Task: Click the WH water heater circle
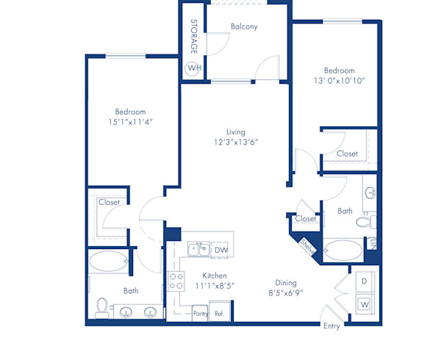tap(193, 68)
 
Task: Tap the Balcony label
tap(244, 26)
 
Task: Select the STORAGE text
tap(194, 37)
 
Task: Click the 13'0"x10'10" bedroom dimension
tap(340, 80)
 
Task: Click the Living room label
tap(236, 132)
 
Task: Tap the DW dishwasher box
tap(220, 250)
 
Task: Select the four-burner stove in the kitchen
tap(177, 278)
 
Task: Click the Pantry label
tap(201, 313)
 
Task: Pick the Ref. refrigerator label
tap(219, 313)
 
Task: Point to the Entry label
tap(332, 326)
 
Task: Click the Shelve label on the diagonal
tap(307, 247)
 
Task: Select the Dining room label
tap(286, 282)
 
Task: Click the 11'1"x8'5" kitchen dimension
tap(215, 286)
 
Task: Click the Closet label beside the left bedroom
tap(109, 201)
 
